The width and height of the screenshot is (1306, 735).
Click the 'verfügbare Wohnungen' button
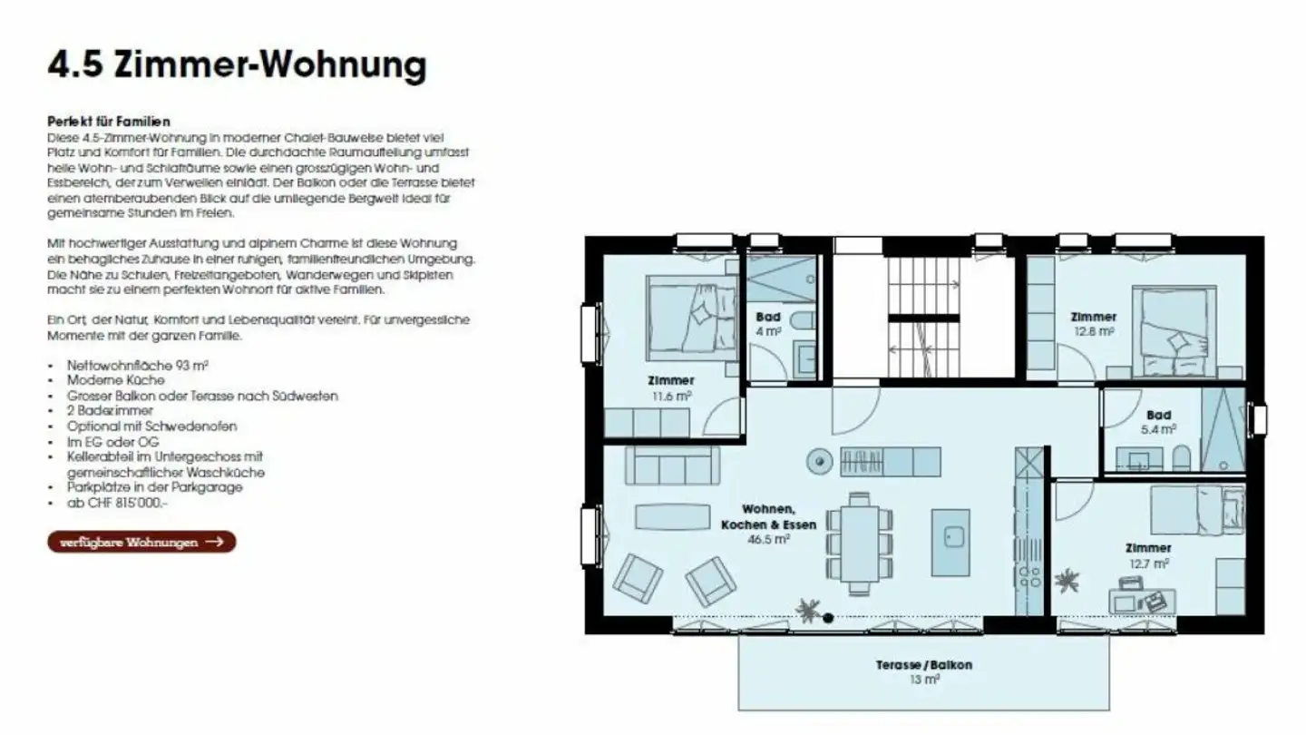pos(141,543)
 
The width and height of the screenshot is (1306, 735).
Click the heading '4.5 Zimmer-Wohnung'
pos(236,66)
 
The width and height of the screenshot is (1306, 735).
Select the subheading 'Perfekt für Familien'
pos(109,121)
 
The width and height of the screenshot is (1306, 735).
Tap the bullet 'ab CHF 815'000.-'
pos(118,503)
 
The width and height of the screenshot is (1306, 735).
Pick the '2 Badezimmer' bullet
pos(110,410)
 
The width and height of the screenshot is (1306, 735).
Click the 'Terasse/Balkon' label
pos(923,665)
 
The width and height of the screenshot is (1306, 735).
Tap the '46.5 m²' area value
pos(768,538)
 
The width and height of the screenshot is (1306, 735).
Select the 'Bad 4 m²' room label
pos(768,324)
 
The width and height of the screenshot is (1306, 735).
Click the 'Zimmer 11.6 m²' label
pos(670,387)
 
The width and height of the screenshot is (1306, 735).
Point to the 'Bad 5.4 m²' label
pos(1158,421)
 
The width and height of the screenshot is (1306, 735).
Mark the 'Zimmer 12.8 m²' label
pos(1093,324)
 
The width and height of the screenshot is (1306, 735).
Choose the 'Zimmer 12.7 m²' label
pos(1148,554)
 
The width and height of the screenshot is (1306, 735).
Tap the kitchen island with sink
pos(950,542)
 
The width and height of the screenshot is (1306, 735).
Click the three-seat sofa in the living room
pos(672,465)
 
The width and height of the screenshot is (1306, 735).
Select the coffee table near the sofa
pos(672,517)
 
